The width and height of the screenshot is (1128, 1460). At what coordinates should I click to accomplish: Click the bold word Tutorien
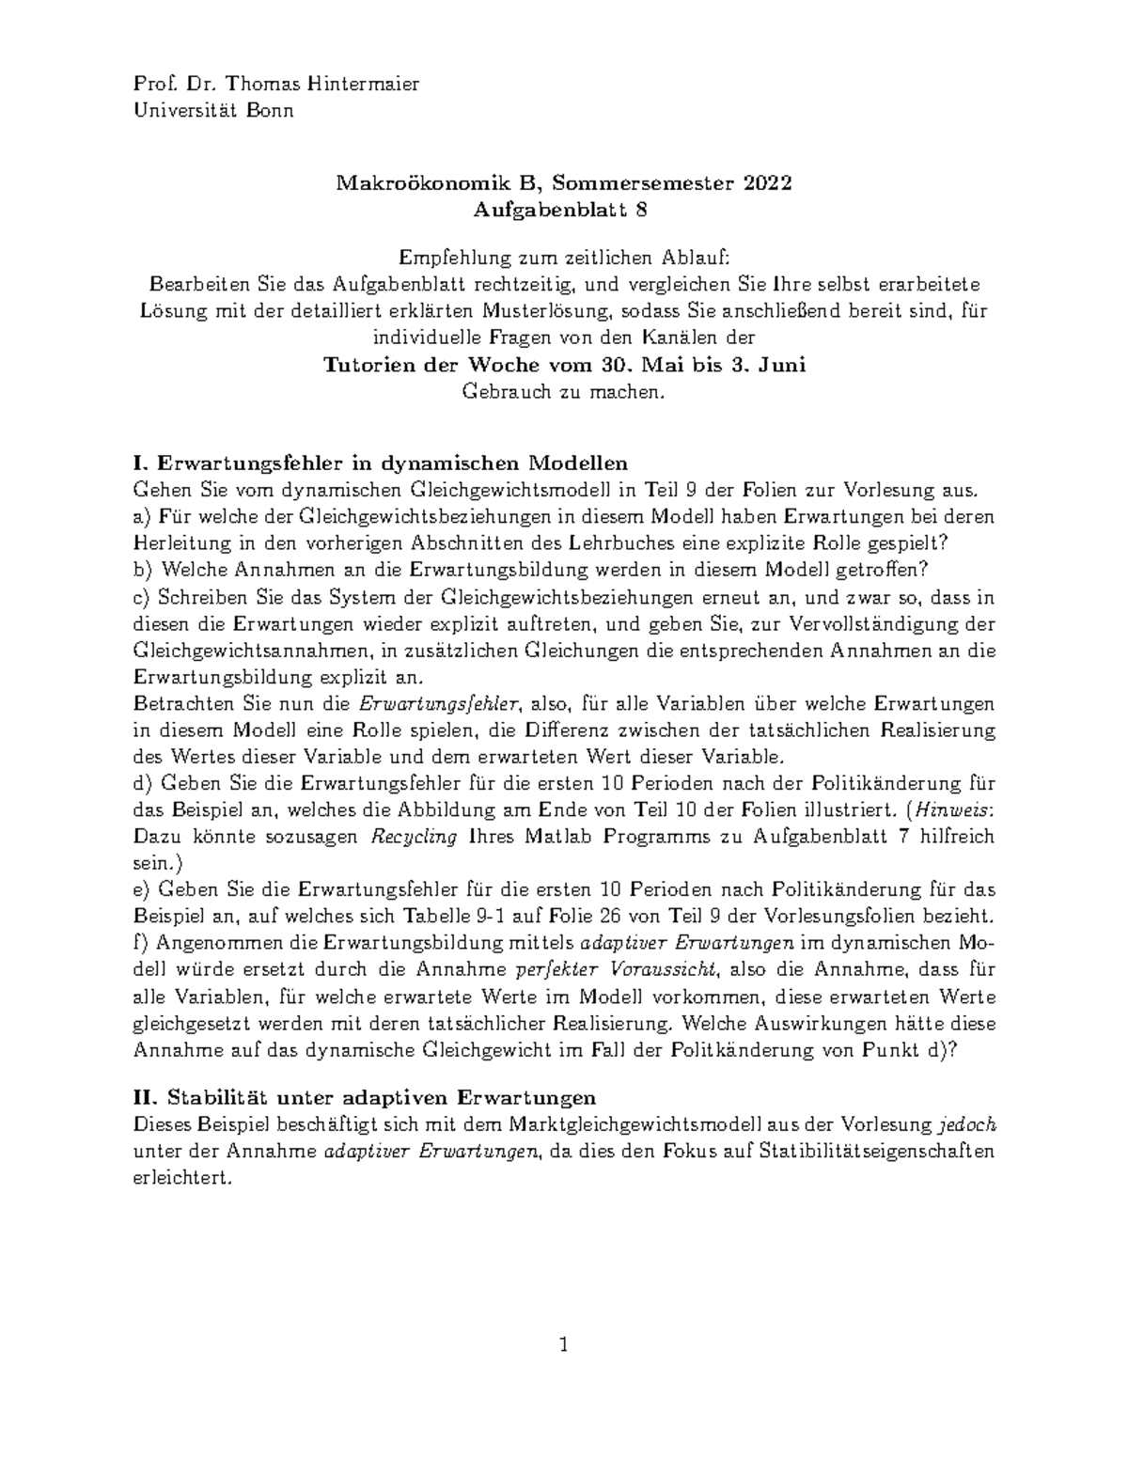[368, 365]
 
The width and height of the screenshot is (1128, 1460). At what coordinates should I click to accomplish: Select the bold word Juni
[781, 365]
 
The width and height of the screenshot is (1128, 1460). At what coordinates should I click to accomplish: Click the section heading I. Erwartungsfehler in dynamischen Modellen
[380, 463]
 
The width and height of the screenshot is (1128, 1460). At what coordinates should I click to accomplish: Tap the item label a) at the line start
[145, 516]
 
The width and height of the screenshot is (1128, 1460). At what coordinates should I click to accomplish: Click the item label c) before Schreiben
[144, 597]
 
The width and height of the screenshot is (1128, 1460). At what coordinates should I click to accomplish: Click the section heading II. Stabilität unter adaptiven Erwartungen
[365, 1097]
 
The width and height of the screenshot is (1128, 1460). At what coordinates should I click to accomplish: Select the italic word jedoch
[967, 1124]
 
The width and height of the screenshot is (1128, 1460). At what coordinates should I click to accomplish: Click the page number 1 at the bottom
[564, 1345]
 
